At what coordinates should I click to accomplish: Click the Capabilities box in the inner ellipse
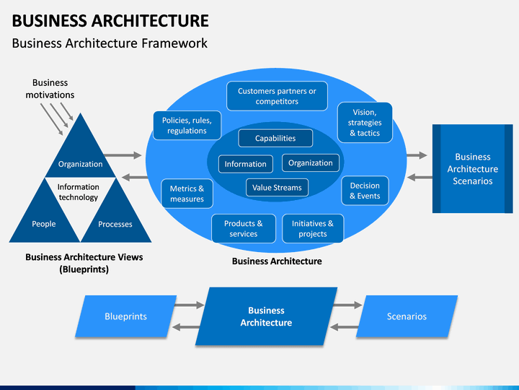(275, 138)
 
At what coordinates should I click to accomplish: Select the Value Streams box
(277, 187)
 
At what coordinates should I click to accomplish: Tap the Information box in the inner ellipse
(246, 164)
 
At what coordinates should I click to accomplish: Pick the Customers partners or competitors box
(277, 96)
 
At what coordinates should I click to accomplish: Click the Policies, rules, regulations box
(187, 126)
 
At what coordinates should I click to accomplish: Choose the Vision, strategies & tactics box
(365, 122)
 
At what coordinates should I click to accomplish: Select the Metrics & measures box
(187, 194)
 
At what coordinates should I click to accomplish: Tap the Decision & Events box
(365, 191)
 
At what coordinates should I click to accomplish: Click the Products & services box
(244, 228)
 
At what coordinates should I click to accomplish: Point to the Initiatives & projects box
(313, 228)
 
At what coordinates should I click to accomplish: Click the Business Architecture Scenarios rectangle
(473, 169)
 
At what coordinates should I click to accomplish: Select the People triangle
(45, 219)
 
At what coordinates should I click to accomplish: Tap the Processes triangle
(116, 219)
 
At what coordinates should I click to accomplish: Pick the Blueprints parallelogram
(125, 316)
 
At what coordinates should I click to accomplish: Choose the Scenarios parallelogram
(407, 316)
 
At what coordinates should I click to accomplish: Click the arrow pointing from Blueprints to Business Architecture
(190, 305)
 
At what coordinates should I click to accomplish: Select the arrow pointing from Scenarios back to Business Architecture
(345, 327)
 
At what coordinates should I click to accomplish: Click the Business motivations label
(50, 89)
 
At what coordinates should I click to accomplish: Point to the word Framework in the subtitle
(174, 43)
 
